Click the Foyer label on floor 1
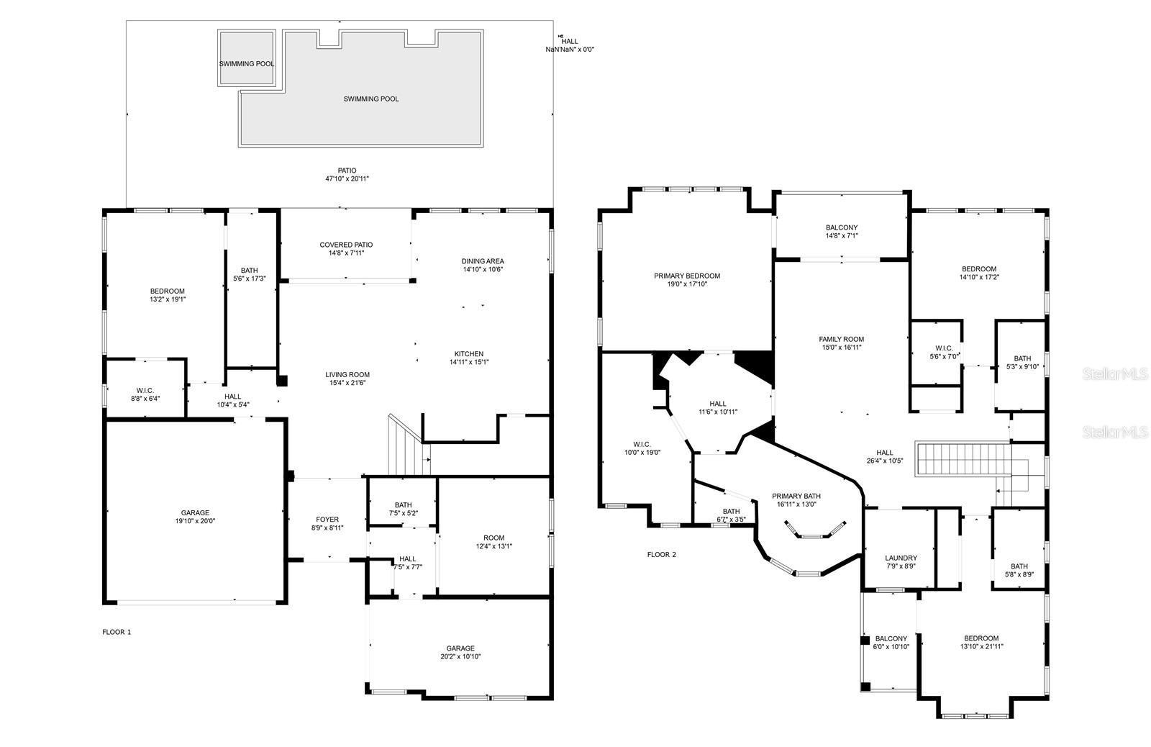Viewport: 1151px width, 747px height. (x=327, y=520)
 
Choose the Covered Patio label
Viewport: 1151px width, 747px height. (x=346, y=245)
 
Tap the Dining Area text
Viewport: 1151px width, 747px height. (x=483, y=261)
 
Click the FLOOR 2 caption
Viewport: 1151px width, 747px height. (x=662, y=555)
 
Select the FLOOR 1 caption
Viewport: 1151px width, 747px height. (x=117, y=632)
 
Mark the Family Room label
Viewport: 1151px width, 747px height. (x=841, y=339)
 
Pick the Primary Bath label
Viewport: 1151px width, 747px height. (x=796, y=496)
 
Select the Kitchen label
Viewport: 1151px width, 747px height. (x=468, y=354)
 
